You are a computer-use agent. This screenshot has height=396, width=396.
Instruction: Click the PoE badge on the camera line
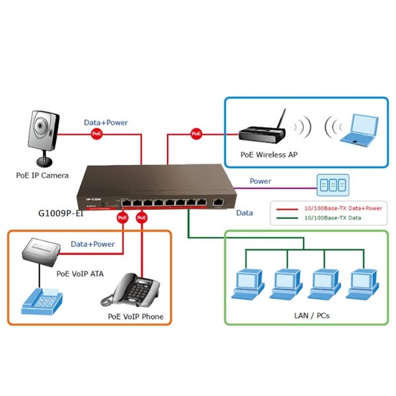pos(97,134)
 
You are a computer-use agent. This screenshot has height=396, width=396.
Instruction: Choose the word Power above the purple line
pos(260,181)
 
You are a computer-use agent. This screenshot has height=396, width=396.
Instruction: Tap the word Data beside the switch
pos(245,213)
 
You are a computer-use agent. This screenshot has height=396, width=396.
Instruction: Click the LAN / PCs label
pos(312,315)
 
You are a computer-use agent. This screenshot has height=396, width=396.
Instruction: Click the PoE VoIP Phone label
pos(136,317)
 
